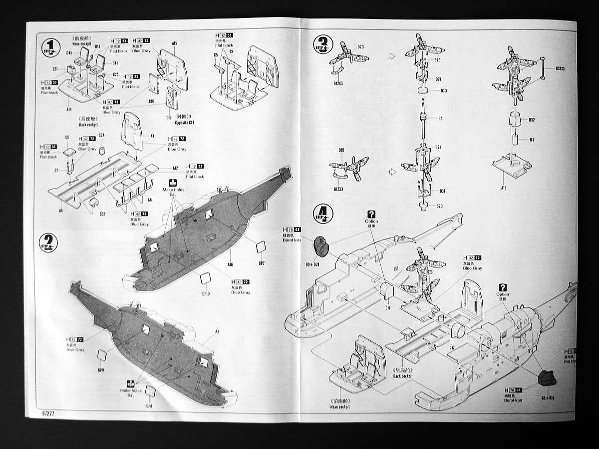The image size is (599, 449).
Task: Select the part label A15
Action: pyautogui.click(x=175, y=43)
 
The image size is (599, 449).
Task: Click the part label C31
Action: pyautogui.click(x=55, y=69)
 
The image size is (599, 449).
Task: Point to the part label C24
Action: pyautogui.click(x=101, y=135)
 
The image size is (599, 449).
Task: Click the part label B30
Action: pyautogui.click(x=443, y=90)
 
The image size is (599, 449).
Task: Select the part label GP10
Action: pyautogui.click(x=206, y=293)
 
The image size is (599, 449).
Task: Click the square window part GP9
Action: pyautogui.click(x=102, y=355)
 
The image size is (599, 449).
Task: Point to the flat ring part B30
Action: pyautogui.click(x=423, y=91)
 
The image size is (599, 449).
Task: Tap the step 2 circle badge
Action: pyautogui.click(x=48, y=243)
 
